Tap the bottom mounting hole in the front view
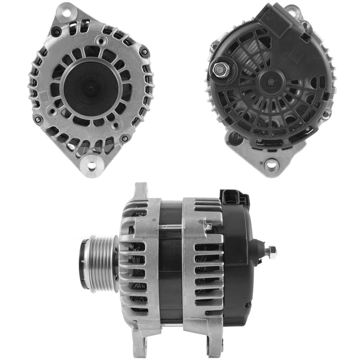[92, 166]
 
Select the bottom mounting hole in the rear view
[271, 165]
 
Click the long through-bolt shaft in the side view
[170, 227]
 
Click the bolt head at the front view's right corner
[144, 52]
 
